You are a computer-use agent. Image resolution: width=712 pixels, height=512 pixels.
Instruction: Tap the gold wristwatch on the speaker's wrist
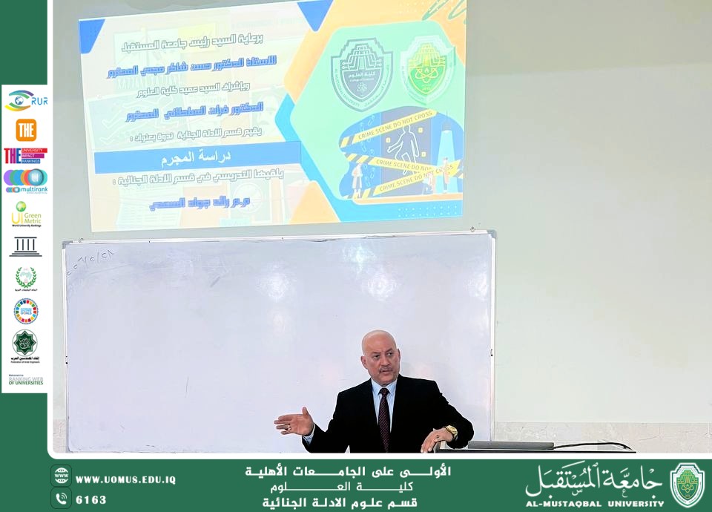pyautogui.click(x=450, y=431)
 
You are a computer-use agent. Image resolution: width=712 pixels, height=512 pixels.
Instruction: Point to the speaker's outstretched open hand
pyautogui.click(x=294, y=422)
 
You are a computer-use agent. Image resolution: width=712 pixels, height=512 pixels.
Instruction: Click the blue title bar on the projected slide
pyautogui.click(x=198, y=158)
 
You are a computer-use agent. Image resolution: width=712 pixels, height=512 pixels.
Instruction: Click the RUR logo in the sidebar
pyautogui.click(x=26, y=100)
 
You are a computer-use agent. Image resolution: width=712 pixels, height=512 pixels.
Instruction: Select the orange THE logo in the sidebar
pyautogui.click(x=26, y=130)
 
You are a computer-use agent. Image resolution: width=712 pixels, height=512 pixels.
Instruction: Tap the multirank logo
pyautogui.click(x=25, y=180)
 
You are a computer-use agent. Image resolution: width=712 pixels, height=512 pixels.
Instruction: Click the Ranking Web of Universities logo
pyautogui.click(x=25, y=379)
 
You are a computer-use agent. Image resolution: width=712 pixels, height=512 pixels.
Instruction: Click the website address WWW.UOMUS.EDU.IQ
pyautogui.click(x=125, y=479)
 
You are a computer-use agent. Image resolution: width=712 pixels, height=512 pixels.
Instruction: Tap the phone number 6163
pyautogui.click(x=90, y=499)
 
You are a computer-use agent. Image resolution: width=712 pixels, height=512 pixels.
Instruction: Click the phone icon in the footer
pyautogui.click(x=61, y=499)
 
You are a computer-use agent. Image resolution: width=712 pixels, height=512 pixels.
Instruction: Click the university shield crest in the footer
pyautogui.click(x=688, y=485)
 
